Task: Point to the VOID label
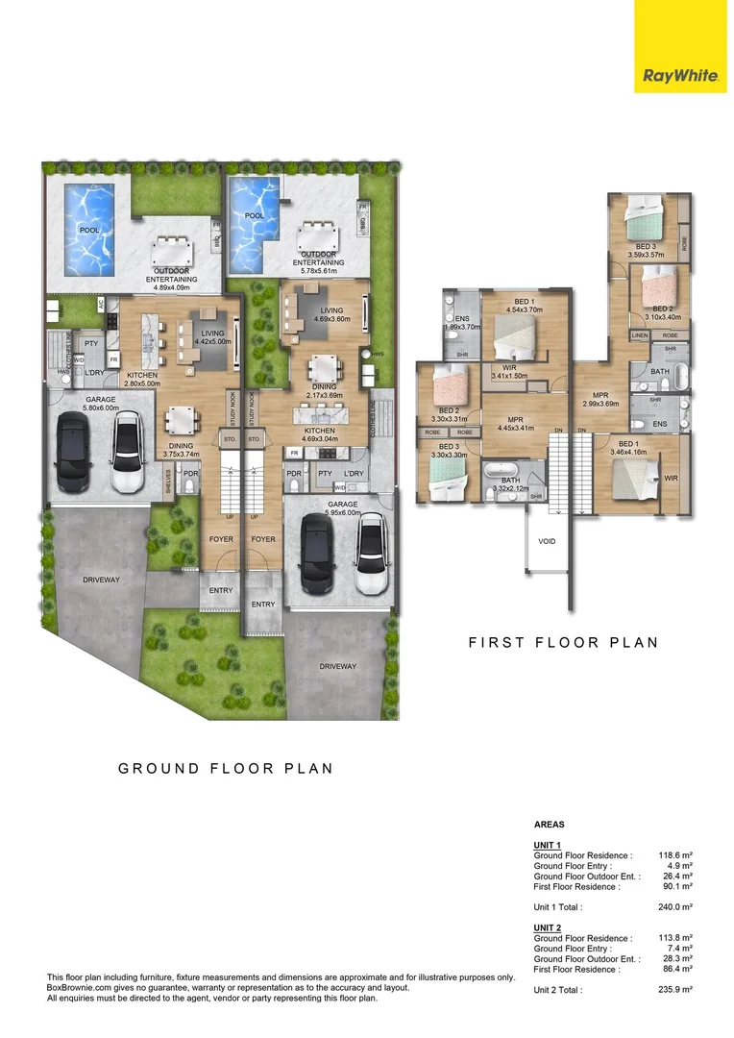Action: (547, 541)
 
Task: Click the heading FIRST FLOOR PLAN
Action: (563, 643)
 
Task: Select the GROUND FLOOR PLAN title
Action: (225, 768)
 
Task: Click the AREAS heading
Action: (550, 825)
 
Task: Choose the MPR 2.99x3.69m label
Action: (599, 399)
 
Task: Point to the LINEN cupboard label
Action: (640, 335)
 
